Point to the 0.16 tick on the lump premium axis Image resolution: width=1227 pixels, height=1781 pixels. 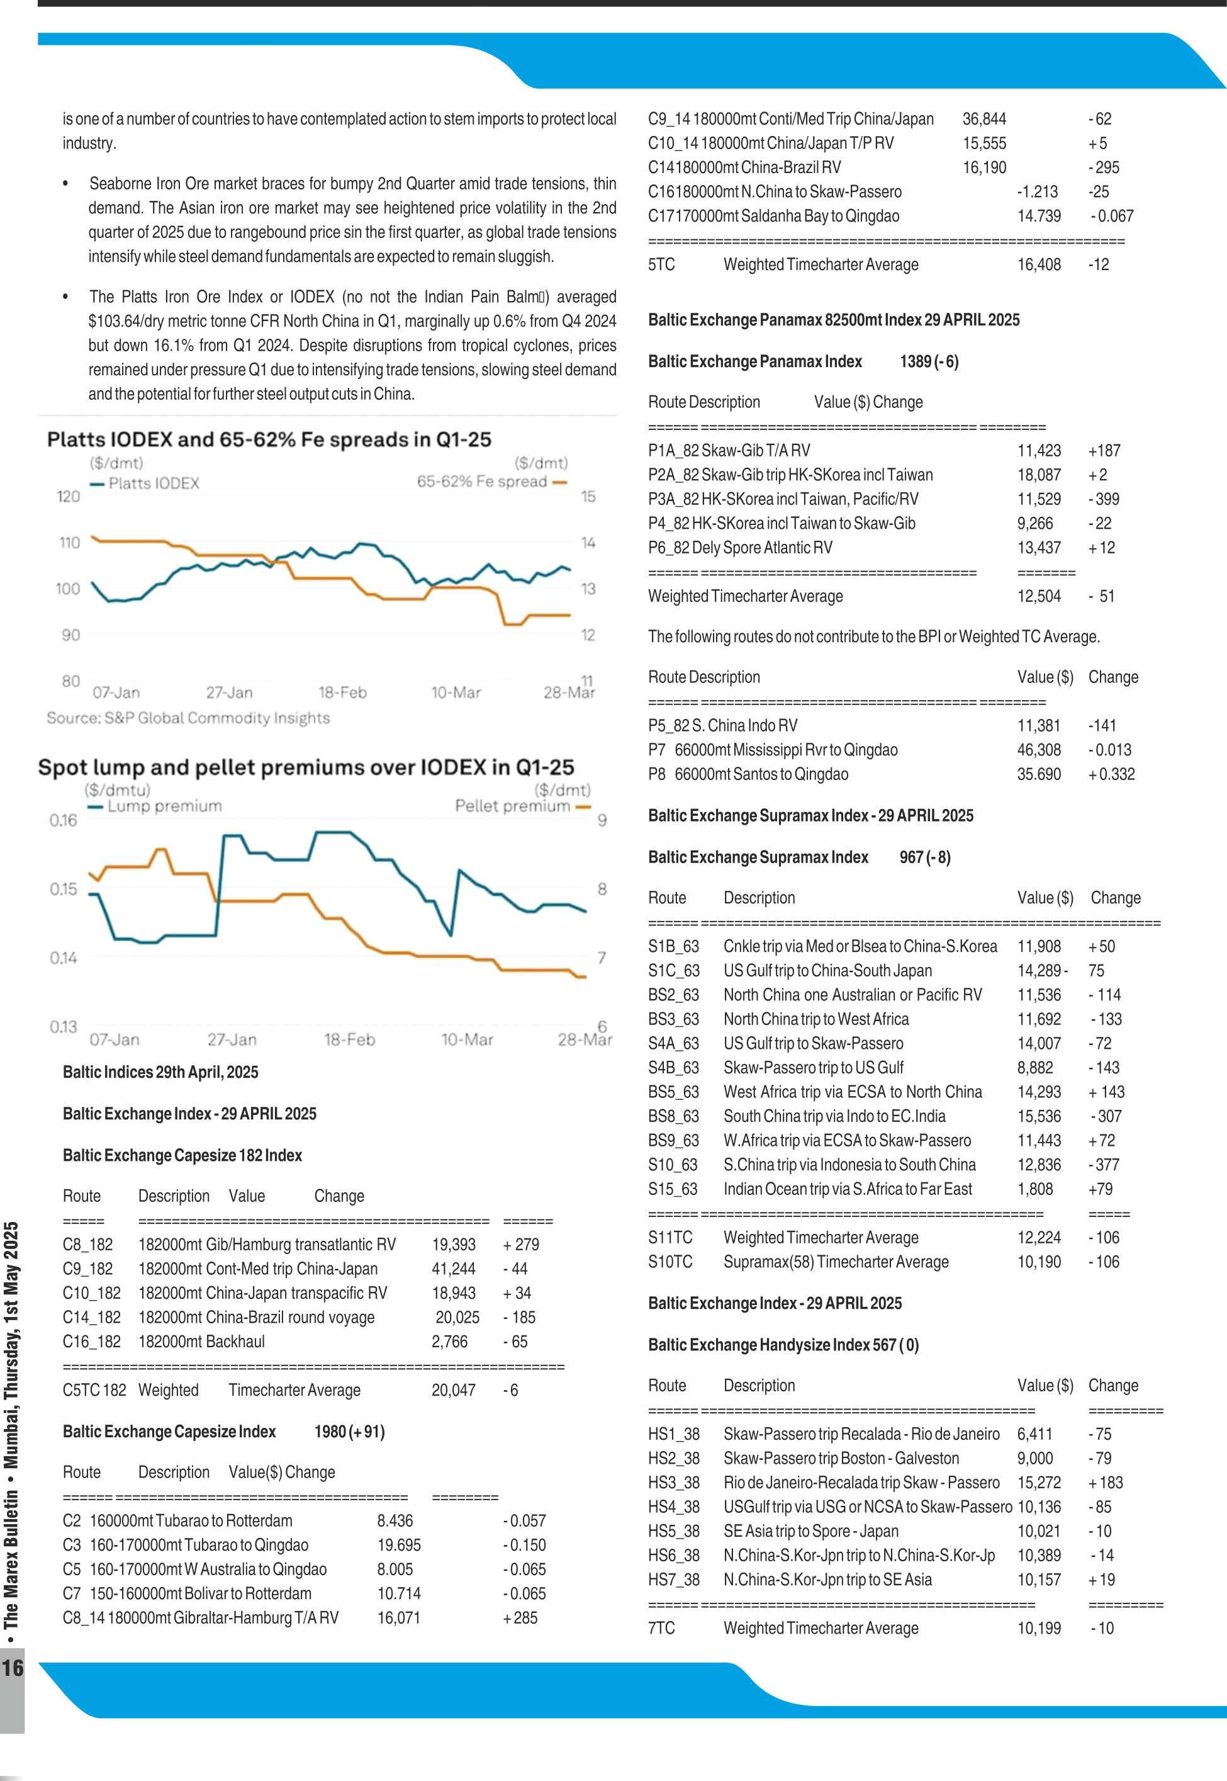tap(63, 820)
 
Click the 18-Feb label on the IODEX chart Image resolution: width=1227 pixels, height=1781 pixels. tap(342, 692)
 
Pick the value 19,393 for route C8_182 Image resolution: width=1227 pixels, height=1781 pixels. tap(453, 1244)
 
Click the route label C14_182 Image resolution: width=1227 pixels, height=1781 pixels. tap(91, 1317)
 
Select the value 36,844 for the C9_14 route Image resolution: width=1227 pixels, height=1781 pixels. tap(984, 118)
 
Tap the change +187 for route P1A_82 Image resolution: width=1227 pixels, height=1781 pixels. tap(1104, 450)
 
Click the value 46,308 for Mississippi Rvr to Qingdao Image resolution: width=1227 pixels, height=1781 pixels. tap(1039, 749)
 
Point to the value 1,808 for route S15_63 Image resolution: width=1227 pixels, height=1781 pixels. tap(1035, 1188)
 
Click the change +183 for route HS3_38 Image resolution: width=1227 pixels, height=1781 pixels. tap(1105, 1482)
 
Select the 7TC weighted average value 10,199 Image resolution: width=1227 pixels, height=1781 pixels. tap(1039, 1627)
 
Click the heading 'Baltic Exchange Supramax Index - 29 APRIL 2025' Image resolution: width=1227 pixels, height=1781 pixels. tap(810, 815)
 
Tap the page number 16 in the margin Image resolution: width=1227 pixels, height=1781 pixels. tap(13, 1667)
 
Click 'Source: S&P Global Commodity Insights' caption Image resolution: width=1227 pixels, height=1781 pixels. tap(188, 718)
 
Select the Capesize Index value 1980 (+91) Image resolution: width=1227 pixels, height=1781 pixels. tap(349, 1431)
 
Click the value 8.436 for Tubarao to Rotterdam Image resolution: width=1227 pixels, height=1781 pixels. tap(395, 1520)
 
